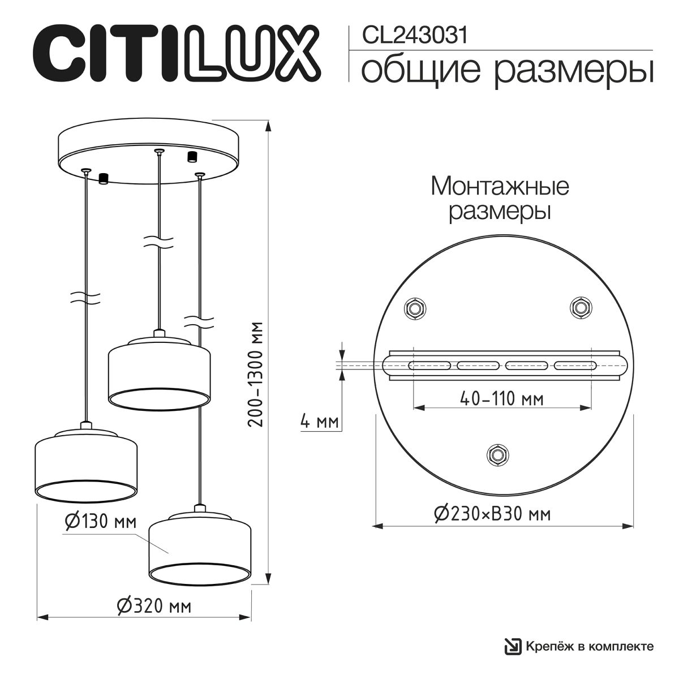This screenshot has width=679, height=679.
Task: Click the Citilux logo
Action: (177, 52)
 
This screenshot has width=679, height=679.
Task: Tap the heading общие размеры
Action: (507, 71)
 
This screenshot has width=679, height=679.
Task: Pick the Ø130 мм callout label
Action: (100, 522)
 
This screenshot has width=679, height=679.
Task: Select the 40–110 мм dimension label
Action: (502, 399)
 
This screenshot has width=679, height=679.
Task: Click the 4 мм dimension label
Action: (319, 422)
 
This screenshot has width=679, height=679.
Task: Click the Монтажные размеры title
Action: (500, 199)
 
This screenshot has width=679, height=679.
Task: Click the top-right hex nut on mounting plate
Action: (579, 307)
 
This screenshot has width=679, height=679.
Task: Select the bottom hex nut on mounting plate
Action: (497, 454)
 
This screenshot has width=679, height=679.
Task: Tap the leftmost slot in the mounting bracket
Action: (429, 365)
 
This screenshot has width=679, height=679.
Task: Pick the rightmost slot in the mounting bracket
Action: (574, 365)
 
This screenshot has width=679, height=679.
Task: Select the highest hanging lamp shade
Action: (159, 371)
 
